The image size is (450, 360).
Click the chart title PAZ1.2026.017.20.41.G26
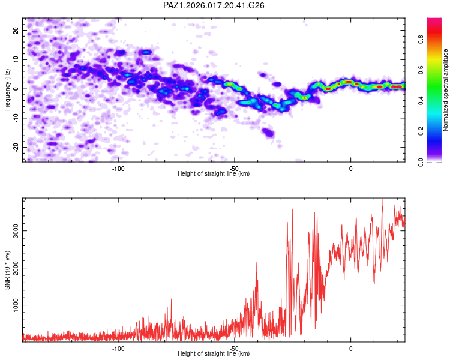coord(214,5)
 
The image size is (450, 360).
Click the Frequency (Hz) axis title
coord(7,89)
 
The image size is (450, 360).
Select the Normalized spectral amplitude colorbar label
coord(446,90)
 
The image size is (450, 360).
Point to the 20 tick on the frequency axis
coord(16,30)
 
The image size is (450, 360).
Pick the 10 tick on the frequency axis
coord(16,59)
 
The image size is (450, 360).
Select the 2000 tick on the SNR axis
coord(13,268)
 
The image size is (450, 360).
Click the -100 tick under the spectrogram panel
coord(118,168)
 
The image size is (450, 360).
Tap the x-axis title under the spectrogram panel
coord(214,174)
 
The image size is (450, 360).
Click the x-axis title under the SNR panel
coord(214,354)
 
